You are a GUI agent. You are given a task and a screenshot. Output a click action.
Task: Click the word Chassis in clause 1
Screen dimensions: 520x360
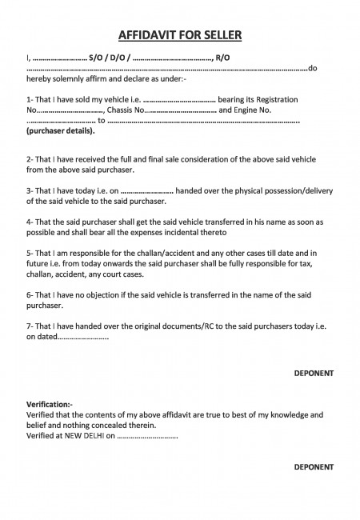pos(118,110)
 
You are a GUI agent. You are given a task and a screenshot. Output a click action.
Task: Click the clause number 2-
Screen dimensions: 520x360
pos(30,160)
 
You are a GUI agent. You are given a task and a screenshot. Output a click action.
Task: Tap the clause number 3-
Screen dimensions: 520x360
pos(30,191)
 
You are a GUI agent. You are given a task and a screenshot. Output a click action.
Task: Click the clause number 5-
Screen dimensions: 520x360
pos(30,253)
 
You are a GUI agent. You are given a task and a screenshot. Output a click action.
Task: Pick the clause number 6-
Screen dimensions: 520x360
pos(30,294)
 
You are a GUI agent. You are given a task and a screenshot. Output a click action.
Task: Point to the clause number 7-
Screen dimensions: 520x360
pos(30,326)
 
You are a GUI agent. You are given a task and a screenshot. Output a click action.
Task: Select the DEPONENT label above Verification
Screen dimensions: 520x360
pos(311,373)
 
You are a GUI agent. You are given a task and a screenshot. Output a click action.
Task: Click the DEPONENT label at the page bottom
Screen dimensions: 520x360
pos(311,466)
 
